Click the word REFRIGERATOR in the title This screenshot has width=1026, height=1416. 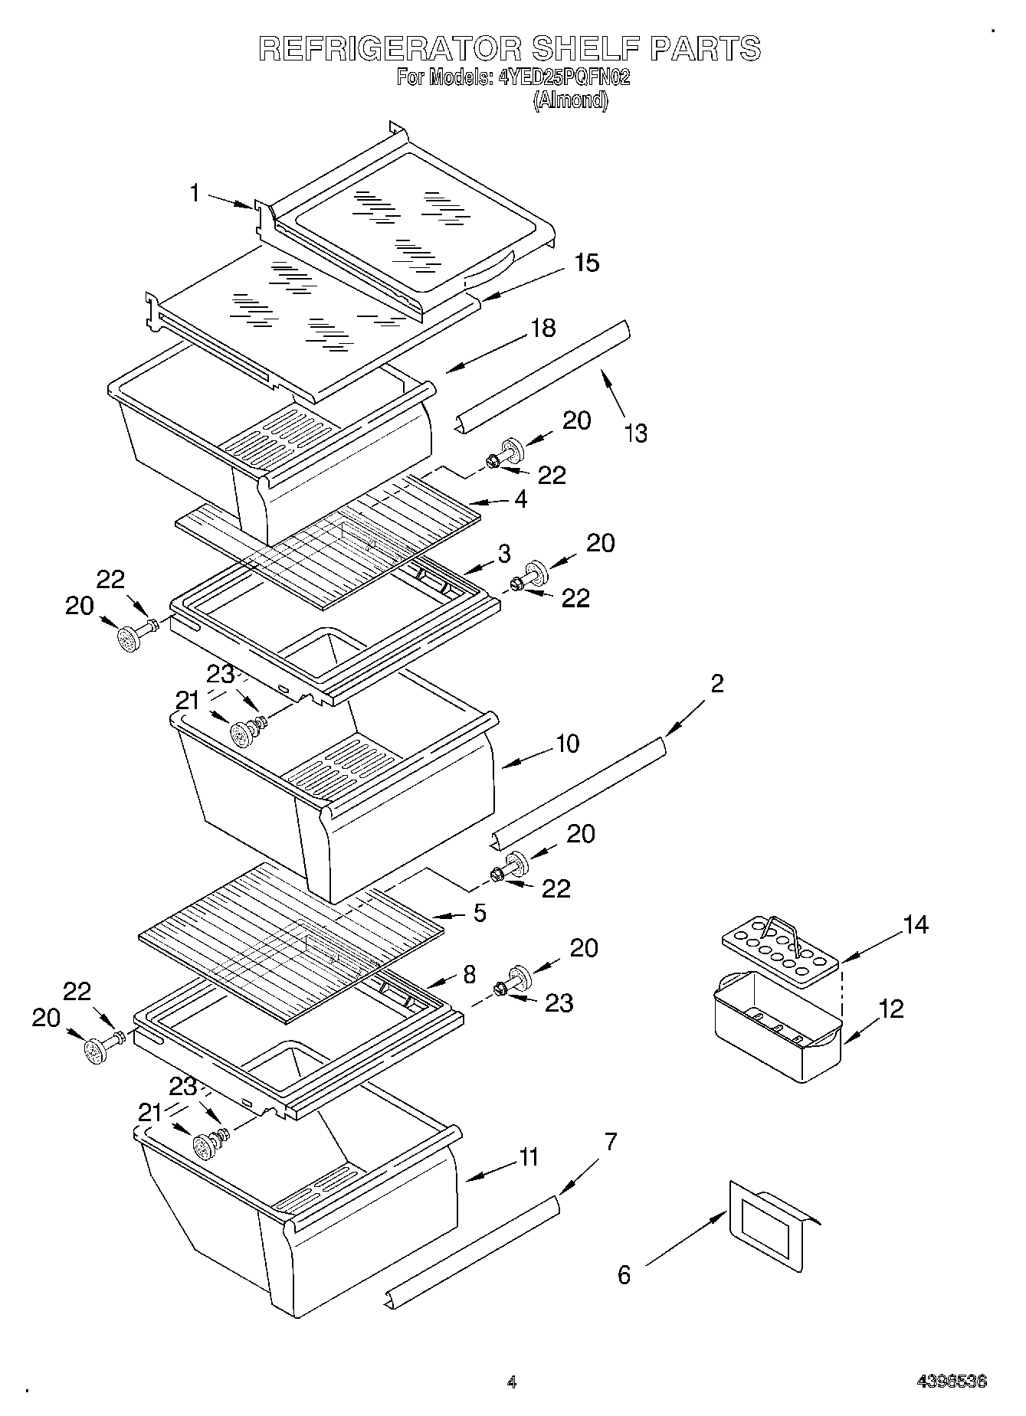click(391, 48)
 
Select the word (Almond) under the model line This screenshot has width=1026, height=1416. click(570, 100)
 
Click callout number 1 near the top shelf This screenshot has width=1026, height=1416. click(195, 193)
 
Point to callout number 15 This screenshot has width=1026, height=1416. click(586, 263)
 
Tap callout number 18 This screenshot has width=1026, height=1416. click(543, 328)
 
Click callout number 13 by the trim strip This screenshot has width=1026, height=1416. click(635, 433)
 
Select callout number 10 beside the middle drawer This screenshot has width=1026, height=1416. click(567, 743)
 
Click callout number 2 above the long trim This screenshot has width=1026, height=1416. click(716, 682)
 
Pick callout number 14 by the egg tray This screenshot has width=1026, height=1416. click(915, 924)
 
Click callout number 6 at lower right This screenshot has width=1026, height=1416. click(624, 1274)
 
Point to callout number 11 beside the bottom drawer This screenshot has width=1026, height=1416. click(528, 1156)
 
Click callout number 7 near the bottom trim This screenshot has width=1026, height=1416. click(610, 1142)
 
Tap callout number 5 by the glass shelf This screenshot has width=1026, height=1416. click(480, 913)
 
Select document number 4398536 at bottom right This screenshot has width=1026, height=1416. click(952, 1382)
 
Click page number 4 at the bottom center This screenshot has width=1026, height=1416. click(512, 1382)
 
